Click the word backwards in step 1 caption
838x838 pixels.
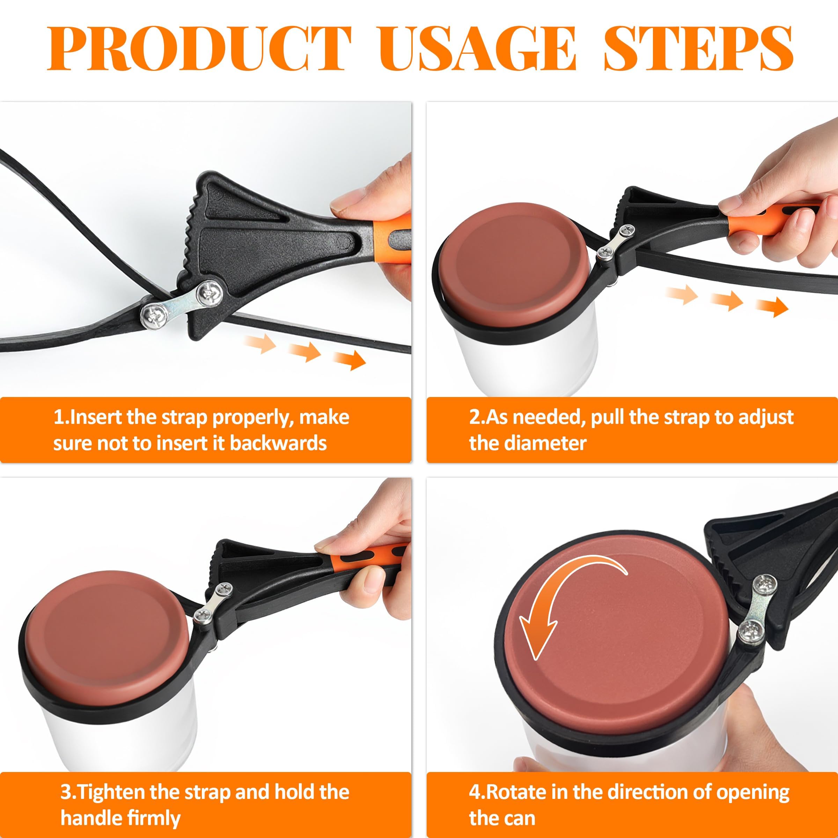click(278, 443)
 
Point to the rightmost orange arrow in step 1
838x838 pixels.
click(349, 360)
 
